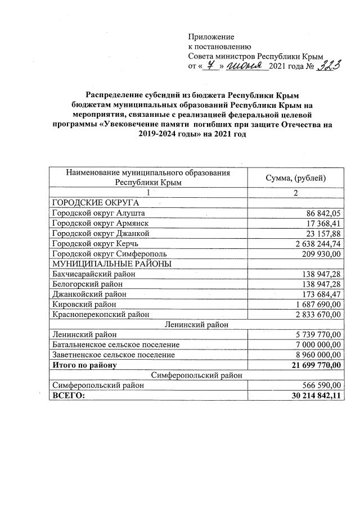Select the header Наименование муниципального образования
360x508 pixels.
click(x=148, y=173)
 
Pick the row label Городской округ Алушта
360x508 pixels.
click(x=98, y=214)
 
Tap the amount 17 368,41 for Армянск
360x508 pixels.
click(x=323, y=224)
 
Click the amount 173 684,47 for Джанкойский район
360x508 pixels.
click(x=319, y=294)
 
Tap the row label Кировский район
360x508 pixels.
click(x=84, y=304)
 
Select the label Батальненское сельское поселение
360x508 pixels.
click(x=115, y=344)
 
